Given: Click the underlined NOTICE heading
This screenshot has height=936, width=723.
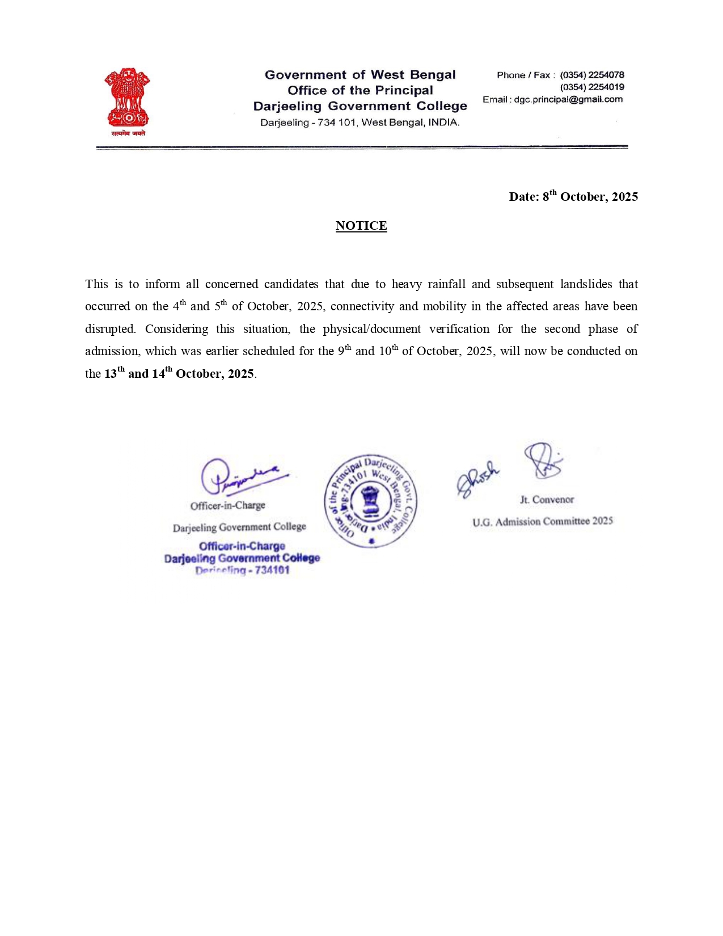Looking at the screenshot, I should [361, 226].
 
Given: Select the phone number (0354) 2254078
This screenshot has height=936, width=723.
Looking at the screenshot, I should [592, 75].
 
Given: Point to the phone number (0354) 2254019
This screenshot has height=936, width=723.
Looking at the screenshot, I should [592, 87].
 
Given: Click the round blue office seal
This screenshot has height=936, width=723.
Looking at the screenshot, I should [370, 501].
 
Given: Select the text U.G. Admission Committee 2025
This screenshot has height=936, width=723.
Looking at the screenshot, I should [543, 521].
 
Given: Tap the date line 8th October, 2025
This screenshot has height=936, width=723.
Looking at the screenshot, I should [573, 196].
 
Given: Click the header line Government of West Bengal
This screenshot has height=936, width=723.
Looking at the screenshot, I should [360, 75].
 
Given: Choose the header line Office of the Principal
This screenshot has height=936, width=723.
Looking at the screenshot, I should [360, 90].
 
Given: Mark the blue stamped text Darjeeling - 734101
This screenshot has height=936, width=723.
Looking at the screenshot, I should [243, 570].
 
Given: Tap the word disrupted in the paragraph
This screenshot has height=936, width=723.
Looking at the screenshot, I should [111, 329].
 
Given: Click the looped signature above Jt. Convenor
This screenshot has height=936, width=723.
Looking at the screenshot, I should [543, 461].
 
